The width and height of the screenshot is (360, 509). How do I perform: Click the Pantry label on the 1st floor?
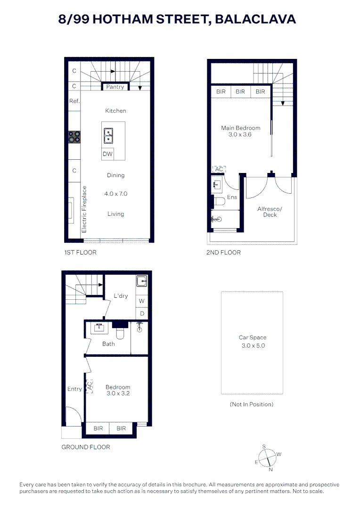(115, 87)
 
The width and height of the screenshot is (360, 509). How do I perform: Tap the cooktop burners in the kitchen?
(74, 137)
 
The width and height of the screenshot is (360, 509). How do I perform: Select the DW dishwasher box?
(107, 154)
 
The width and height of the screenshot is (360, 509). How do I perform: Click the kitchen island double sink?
(108, 135)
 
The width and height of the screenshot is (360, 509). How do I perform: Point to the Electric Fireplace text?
(85, 209)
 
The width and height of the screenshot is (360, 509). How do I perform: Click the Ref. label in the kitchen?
(74, 101)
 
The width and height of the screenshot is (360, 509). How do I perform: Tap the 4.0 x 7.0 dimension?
(115, 194)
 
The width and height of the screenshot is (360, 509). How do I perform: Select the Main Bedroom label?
(240, 128)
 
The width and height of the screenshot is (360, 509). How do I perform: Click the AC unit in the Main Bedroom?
(219, 170)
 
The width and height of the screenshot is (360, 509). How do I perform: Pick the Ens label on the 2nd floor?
(232, 197)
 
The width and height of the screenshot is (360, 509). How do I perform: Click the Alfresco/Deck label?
(270, 212)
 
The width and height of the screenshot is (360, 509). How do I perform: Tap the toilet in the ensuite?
(219, 202)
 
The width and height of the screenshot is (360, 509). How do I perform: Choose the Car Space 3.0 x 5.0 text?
(252, 341)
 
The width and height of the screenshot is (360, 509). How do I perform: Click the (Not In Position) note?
(252, 404)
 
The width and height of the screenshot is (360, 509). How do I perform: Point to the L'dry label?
(121, 296)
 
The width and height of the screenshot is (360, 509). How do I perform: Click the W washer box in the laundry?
(141, 301)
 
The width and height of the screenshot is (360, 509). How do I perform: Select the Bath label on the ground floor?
(108, 344)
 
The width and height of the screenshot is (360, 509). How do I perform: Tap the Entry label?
(74, 389)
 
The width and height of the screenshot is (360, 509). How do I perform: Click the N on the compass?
(270, 469)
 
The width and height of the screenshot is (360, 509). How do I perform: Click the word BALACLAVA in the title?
(255, 19)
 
